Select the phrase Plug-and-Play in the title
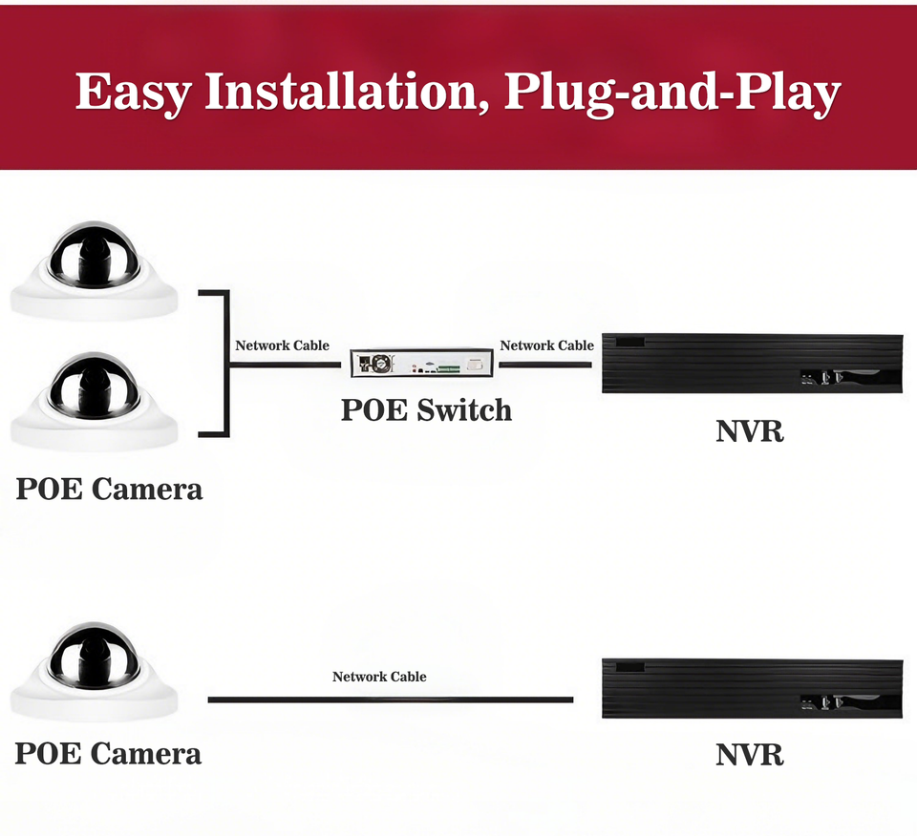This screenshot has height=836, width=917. click(672, 93)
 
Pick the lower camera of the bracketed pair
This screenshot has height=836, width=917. click(95, 399)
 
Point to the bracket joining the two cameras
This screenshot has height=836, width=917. click(225, 364)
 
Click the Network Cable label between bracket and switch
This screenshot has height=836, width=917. click(282, 345)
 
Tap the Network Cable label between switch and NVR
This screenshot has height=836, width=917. click(546, 345)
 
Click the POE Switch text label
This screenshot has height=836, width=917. click(426, 410)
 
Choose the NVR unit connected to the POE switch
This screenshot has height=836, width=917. click(752, 364)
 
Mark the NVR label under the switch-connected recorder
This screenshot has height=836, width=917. click(750, 430)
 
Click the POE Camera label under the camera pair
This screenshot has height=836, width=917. click(109, 490)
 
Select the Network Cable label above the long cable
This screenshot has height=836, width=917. click(379, 677)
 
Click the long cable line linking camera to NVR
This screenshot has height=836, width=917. click(390, 700)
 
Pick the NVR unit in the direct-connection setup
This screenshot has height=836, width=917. click(752, 687)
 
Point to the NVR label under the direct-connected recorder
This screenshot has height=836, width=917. click(750, 755)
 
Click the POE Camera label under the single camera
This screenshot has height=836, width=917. click(108, 754)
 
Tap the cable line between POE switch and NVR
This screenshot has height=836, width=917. click(545, 364)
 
